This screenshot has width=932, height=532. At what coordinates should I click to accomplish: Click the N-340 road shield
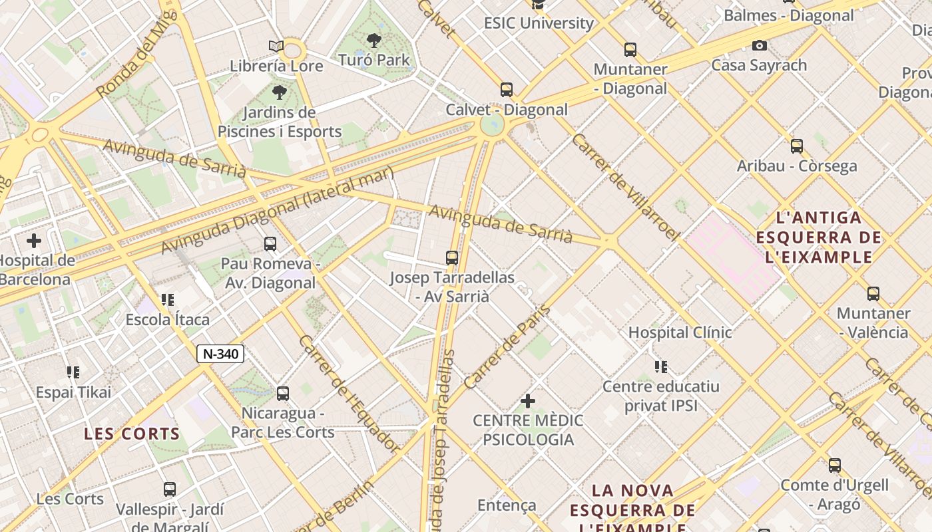[220, 354]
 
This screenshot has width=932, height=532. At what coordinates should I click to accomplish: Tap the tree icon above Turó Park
[374, 41]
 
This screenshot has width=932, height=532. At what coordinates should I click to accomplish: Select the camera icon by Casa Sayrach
[759, 45]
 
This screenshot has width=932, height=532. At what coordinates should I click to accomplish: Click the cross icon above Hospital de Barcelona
[34, 240]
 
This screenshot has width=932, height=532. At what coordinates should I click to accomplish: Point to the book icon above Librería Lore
[276, 46]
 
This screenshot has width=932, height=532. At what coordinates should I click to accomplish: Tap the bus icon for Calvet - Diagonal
[507, 90]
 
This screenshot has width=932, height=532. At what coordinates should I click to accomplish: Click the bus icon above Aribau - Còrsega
[797, 146]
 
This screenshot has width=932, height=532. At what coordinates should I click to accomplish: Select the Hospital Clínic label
[680, 332]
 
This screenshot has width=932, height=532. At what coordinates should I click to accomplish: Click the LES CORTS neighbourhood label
[132, 434]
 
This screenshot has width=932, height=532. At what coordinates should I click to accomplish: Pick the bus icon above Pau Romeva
[270, 244]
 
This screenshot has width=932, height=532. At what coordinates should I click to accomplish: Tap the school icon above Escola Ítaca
[168, 300]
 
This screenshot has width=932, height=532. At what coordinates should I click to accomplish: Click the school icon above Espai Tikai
[73, 372]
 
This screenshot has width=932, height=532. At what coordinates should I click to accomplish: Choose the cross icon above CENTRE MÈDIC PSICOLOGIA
[527, 401]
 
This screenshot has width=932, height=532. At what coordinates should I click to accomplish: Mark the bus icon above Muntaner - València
[873, 293]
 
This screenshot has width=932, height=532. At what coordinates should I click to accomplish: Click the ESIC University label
[539, 23]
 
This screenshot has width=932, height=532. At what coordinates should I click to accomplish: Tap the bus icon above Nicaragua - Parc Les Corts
[283, 394]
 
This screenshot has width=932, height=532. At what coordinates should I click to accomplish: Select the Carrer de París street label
[508, 347]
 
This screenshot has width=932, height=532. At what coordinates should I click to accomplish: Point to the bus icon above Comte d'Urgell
[835, 465]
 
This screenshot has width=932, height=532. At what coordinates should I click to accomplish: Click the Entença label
[507, 505]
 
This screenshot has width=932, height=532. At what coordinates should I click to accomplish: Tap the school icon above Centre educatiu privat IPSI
[660, 366]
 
